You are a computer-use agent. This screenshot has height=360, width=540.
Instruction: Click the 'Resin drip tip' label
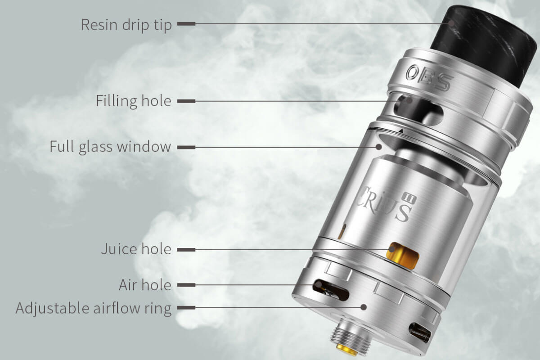[126, 25]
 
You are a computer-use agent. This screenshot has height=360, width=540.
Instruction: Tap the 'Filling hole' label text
[134, 101]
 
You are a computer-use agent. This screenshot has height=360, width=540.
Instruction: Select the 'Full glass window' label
[110, 147]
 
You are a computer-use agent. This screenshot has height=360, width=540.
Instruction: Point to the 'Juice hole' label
[136, 249]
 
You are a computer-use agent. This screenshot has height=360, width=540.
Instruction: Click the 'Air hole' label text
[145, 285]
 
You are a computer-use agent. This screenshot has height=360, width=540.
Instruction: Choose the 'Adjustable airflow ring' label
[94, 308]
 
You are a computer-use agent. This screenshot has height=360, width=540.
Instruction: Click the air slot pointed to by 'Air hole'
[331, 290]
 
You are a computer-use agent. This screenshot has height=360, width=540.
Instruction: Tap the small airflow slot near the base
[420, 333]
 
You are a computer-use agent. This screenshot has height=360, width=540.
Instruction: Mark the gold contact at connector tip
[347, 350]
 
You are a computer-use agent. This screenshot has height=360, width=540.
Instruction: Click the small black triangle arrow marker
[401, 130]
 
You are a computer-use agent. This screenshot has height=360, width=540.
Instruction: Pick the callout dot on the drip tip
[451, 23]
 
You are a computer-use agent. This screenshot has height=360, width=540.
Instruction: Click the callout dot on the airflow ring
[364, 307]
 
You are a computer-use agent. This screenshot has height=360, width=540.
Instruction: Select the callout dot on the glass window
[379, 147]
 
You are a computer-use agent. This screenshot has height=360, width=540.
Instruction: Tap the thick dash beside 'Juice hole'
[186, 250]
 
